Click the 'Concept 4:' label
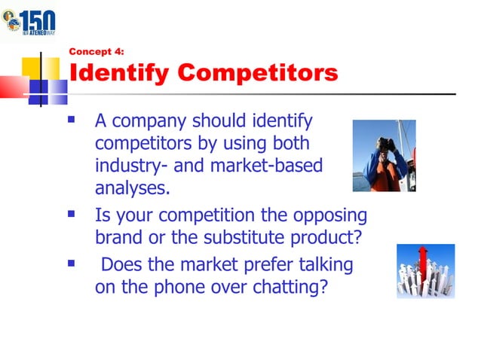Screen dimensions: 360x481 tap(96, 52)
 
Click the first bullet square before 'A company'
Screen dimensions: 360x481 tap(72, 119)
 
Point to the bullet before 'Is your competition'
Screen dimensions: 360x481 tap(72, 215)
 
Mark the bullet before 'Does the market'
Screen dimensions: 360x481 tap(72, 264)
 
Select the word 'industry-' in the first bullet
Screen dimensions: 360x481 tap(129, 165)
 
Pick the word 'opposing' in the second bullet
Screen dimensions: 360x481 tap(329, 216)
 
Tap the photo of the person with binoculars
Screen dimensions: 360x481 tap(384, 155)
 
